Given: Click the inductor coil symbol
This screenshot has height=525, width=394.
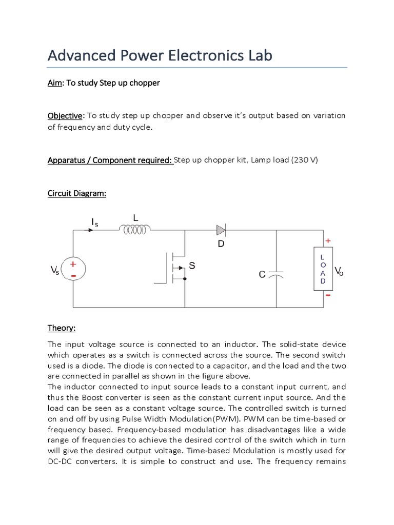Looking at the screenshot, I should point(135,230).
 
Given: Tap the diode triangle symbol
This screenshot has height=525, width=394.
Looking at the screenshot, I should point(221,230).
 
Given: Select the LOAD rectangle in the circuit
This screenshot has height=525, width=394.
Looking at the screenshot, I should point(322,269).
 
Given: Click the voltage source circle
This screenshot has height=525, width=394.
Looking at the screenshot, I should point(73,269).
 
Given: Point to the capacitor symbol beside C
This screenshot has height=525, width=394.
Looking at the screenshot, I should point(276,275).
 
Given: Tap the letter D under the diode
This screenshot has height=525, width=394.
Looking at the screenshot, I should point(221,244).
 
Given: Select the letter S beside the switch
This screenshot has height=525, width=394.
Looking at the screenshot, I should point(192,266).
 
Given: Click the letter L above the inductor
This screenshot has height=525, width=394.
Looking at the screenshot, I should point(135,218).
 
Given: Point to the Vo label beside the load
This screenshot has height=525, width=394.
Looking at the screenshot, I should point(339,271).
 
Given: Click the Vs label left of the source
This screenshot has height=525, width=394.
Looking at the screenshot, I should point(55,270).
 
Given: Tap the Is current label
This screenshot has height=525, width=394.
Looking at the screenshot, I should point(94,222).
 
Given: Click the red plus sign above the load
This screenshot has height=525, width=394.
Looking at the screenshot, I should point(328,240).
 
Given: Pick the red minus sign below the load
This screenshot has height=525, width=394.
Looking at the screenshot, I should point(328,296).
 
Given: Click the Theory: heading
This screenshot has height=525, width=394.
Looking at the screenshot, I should point(62,328).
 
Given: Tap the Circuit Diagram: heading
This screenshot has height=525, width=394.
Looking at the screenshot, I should point(77,193).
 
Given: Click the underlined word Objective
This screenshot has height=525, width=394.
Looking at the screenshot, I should point(65,115).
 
